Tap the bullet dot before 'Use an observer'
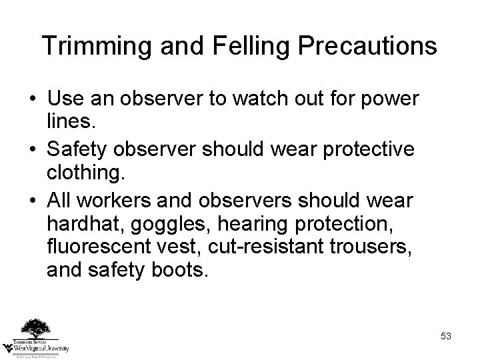pos(31,100)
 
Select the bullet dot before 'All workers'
pos(31,201)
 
